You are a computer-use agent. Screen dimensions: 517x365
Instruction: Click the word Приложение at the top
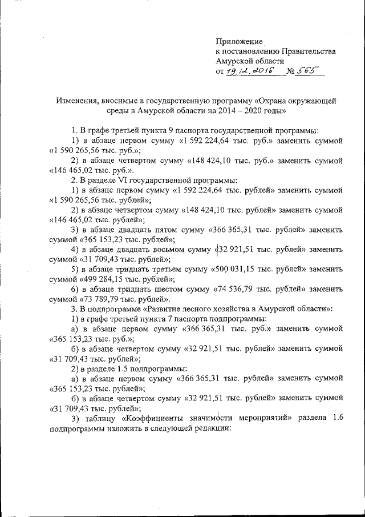pos(239,42)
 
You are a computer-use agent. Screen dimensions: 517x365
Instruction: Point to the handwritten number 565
pos(307,71)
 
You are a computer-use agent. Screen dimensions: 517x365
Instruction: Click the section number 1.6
pos(336,418)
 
